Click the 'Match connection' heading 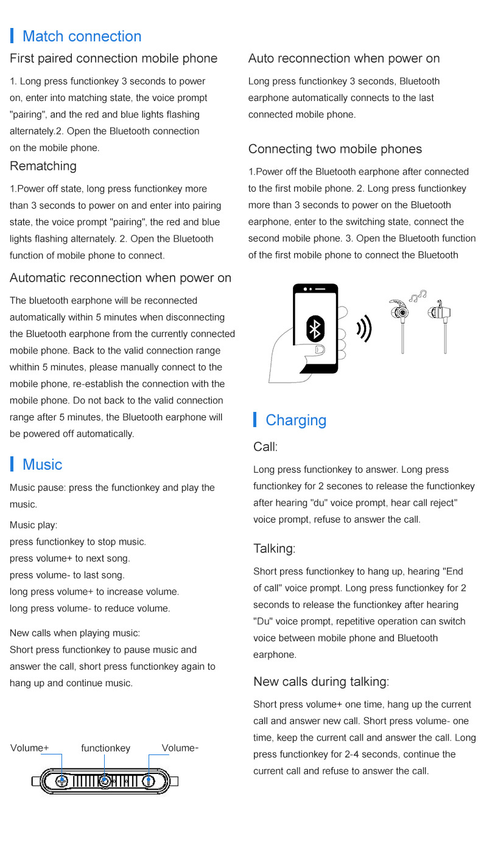pos(82,37)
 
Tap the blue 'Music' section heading pos(42,465)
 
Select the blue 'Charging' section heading pos(296,420)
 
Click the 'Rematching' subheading pos(43,166)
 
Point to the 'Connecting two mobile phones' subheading pos(335,149)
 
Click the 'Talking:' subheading pos(274,549)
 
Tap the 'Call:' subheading pos(265,447)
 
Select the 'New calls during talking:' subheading pos(321,681)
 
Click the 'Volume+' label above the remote pos(29,748)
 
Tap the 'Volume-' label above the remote pos(180,748)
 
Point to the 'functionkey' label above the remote pos(105,748)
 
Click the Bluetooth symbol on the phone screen pos(315,329)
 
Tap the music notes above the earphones pos(418,296)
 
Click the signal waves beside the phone pos(364,329)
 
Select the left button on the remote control pos(61,781)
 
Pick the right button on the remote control pos(149,781)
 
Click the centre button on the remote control pos(105,781)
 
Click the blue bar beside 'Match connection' pos(12,36)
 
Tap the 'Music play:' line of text pos(33,525)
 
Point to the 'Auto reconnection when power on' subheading pos(344,58)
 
